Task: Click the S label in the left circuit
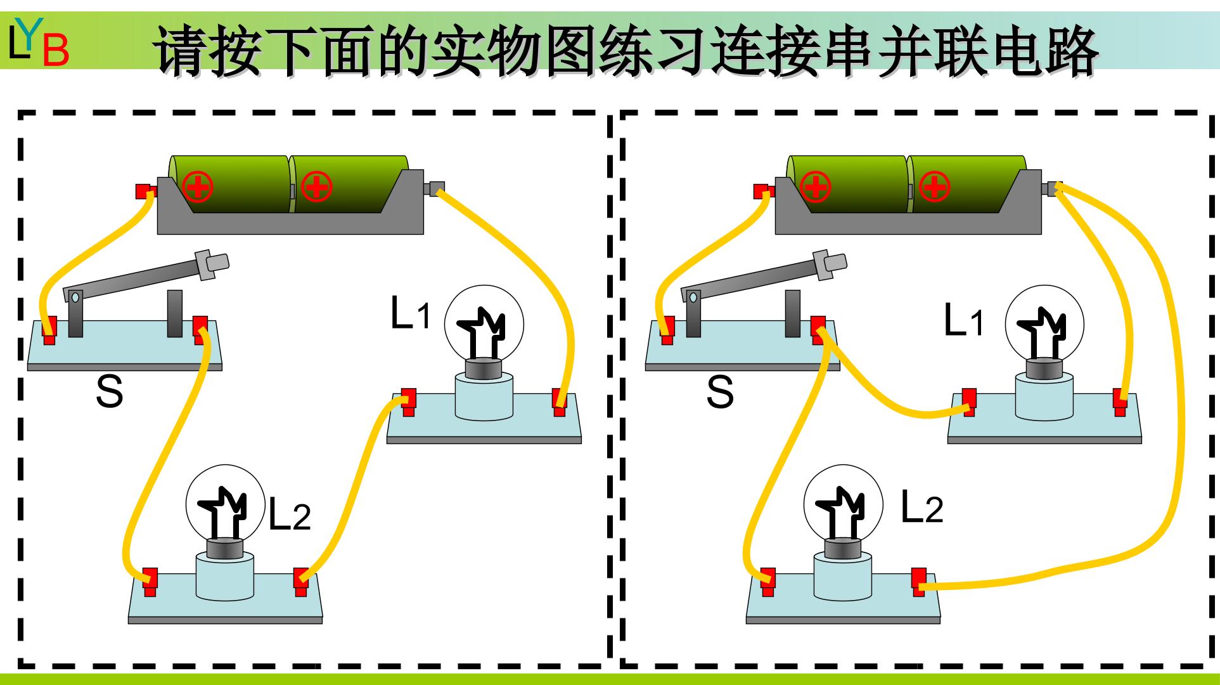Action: [x=109, y=391]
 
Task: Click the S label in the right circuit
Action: [x=721, y=391]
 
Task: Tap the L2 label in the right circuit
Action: [x=922, y=507]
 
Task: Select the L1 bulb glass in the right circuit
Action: [x=1044, y=324]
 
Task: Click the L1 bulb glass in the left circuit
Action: [x=484, y=324]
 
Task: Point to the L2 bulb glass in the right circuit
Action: [x=844, y=506]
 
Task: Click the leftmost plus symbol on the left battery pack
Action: [x=198, y=186]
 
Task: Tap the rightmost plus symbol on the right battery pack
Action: [x=934, y=186]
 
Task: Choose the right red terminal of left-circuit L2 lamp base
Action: [x=300, y=581]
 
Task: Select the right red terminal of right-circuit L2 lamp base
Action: [x=918, y=581]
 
